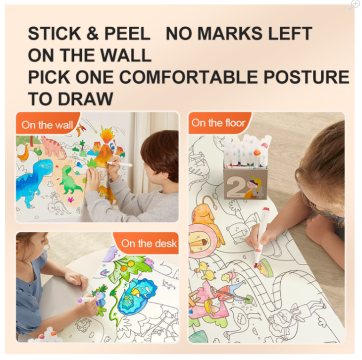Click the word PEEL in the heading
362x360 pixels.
(127, 34)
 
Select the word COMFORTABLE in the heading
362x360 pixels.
(188, 77)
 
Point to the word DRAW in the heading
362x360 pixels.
(85, 99)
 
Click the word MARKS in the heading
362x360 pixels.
(230, 34)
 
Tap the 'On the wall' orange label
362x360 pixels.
(47, 125)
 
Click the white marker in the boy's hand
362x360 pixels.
(120, 164)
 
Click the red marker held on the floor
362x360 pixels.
(261, 237)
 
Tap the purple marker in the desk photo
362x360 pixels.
(87, 300)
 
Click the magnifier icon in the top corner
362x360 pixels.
(354, 5)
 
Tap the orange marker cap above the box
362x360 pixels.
(257, 153)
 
